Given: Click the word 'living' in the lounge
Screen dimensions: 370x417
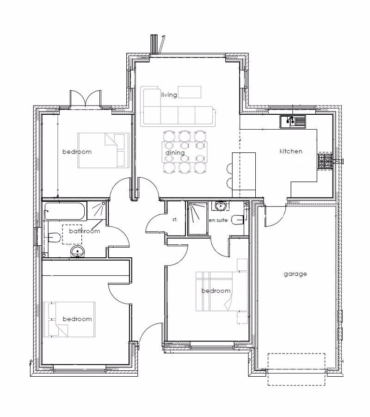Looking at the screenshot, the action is coord(169,95).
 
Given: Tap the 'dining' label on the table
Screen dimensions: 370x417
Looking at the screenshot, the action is coord(175,153).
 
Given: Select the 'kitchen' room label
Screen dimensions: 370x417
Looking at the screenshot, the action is coord(291,151).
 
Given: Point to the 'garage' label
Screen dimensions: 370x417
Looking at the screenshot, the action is coord(296,274).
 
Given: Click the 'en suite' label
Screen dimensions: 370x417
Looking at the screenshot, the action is coord(218,220).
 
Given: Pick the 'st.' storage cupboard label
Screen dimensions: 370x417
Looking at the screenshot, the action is coord(175,219).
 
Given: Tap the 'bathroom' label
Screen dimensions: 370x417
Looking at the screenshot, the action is coord(85,231).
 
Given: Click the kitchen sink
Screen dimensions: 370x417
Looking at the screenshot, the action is coord(293,122).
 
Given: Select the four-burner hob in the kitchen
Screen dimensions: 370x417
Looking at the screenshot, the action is coord(325,161).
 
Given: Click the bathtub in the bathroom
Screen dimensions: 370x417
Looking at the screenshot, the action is coord(65,212).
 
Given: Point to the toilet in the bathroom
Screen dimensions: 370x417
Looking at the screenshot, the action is coord(53,237).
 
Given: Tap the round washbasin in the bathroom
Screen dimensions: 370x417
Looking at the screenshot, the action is coord(77,251).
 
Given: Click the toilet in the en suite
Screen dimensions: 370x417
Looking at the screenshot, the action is coord(238,219).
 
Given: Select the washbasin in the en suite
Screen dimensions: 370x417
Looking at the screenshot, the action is coord(221,206).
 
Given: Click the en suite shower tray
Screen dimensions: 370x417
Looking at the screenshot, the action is coord(198,218).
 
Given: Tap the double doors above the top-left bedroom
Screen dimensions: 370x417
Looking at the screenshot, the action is coord(85,99).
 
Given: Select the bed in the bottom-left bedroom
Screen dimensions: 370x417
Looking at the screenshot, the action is coord(69,319).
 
